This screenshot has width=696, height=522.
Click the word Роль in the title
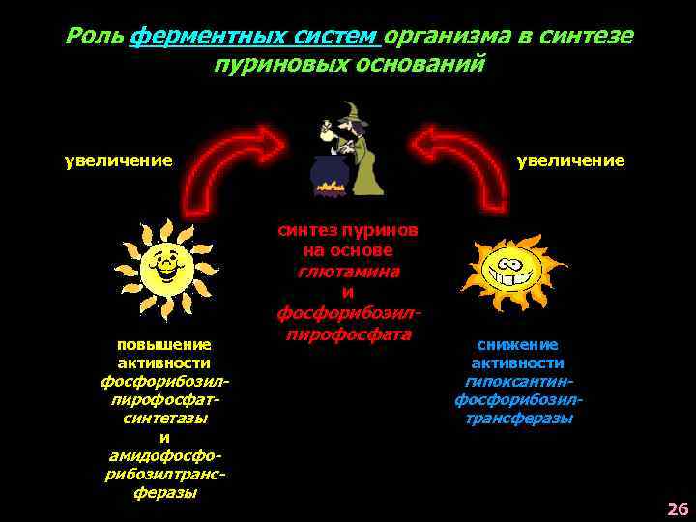94,37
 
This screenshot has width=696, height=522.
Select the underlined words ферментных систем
253,37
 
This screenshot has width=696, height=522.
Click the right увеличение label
570,159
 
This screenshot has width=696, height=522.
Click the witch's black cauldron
328,174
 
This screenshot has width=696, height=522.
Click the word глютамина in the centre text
348,271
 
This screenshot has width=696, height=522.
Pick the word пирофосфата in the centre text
348,333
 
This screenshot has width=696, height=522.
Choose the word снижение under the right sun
517,344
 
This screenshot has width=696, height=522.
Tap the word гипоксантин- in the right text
517,381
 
